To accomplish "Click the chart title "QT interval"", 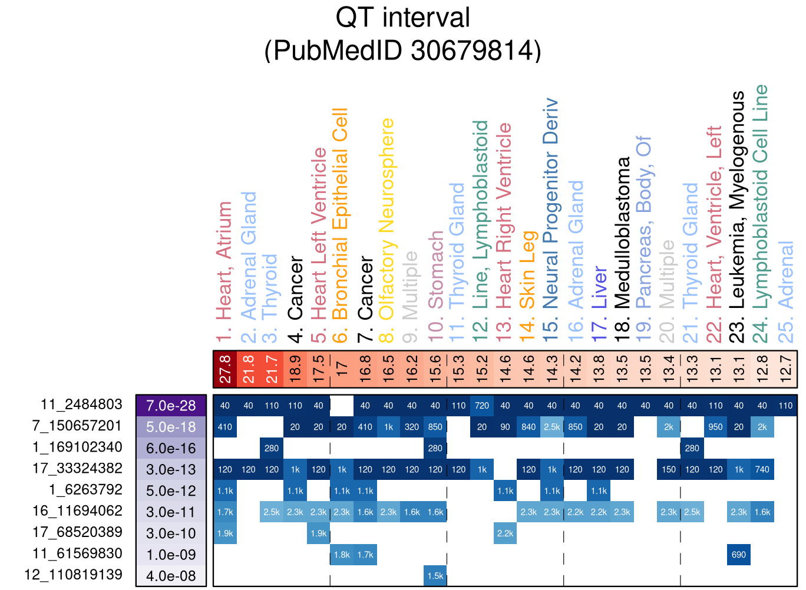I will pyautogui.click(x=402, y=18).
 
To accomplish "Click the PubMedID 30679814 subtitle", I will pyautogui.click(x=402, y=51).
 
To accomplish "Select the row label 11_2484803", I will pyautogui.click(x=81, y=405).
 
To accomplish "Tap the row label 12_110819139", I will pyautogui.click(x=73, y=575).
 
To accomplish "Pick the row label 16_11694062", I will pyautogui.click(x=77, y=511).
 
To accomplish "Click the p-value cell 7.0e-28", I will pyautogui.click(x=171, y=406).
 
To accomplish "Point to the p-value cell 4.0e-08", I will pyautogui.click(x=171, y=576).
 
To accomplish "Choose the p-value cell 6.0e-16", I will pyautogui.click(x=171, y=448).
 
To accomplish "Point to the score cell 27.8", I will pyautogui.click(x=225, y=369).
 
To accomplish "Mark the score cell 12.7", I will pyautogui.click(x=785, y=369).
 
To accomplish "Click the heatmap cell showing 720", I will pyautogui.click(x=482, y=406).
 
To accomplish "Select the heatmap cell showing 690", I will pyautogui.click(x=739, y=555).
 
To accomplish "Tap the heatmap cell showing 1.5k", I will pyautogui.click(x=435, y=576).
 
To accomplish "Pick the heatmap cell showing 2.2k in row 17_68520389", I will pyautogui.click(x=506, y=533).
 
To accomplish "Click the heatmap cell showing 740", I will pyautogui.click(x=762, y=469).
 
